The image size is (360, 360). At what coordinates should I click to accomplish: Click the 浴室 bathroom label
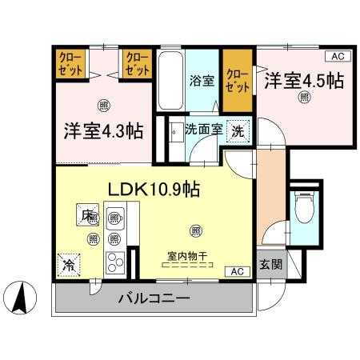point(202,80)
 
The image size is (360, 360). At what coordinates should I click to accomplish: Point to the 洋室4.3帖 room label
point(104,130)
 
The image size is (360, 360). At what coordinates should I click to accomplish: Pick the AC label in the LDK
point(238,271)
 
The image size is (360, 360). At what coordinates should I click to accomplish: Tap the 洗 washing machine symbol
point(239,130)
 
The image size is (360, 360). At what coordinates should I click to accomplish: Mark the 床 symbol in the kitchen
point(85,214)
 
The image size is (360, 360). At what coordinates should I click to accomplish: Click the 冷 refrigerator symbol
point(70,263)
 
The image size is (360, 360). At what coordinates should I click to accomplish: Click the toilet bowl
point(303,210)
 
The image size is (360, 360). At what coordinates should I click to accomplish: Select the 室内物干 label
point(187,257)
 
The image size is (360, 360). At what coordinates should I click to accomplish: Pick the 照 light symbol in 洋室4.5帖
point(305,97)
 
